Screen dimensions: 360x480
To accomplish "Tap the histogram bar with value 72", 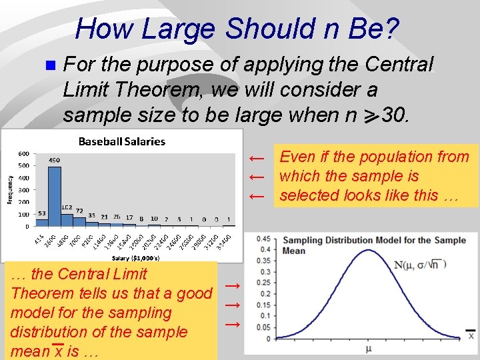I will point(79,220).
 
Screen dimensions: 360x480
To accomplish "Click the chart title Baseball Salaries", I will point(122,141).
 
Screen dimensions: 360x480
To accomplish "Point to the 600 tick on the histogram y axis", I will point(22,153).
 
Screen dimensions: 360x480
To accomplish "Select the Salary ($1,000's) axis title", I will point(131,257).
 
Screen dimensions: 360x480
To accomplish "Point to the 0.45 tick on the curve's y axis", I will point(264,239).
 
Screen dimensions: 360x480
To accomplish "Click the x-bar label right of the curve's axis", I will point(471,335).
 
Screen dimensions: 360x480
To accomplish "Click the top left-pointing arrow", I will point(257,158).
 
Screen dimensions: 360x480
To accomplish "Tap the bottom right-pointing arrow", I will point(232,324).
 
